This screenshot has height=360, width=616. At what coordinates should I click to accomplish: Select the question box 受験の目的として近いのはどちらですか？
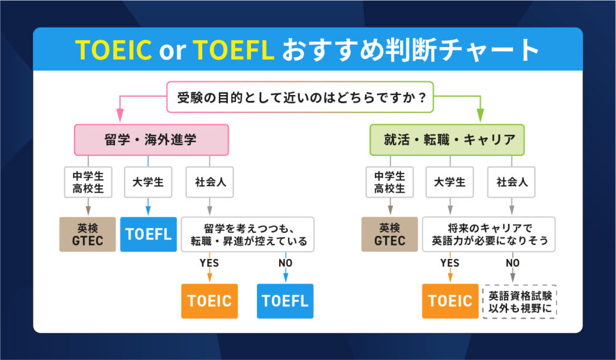pyautogui.click(x=300, y=97)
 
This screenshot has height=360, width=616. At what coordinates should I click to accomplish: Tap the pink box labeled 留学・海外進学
pyautogui.click(x=151, y=140)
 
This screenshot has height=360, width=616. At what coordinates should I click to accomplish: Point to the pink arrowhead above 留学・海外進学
pyautogui.click(x=119, y=115)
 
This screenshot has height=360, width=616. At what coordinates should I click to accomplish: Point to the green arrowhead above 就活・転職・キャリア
pyautogui.click(x=480, y=115)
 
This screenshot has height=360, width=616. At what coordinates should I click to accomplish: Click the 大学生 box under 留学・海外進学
pyautogui.click(x=148, y=182)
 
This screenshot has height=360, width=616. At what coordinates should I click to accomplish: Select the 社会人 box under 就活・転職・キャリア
pyautogui.click(x=511, y=182)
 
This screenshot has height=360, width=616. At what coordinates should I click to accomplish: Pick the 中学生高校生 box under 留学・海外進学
pyautogui.click(x=88, y=182)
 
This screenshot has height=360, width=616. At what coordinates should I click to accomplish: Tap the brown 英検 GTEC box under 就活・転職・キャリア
pyautogui.click(x=389, y=234)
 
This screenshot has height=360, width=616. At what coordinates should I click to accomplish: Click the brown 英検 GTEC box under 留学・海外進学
pyautogui.click(x=88, y=234)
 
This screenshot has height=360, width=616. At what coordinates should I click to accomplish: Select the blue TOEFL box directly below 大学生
pyautogui.click(x=148, y=234)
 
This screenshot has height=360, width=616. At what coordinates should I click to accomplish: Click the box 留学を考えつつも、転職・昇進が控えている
pyautogui.click(x=248, y=234)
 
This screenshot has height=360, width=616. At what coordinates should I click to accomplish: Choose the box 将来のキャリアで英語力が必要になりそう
pyautogui.click(x=488, y=234)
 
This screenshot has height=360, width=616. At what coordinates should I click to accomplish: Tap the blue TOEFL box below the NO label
pyautogui.click(x=285, y=300)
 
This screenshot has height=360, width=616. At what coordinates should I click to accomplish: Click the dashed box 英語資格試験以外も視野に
pyautogui.click(x=520, y=301)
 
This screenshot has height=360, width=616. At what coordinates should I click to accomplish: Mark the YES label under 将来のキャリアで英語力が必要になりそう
pyautogui.click(x=449, y=263)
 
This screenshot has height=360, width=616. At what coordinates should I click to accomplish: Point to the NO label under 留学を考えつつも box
pyautogui.click(x=285, y=263)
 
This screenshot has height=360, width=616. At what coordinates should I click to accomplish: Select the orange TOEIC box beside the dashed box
pyautogui.click(x=449, y=300)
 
